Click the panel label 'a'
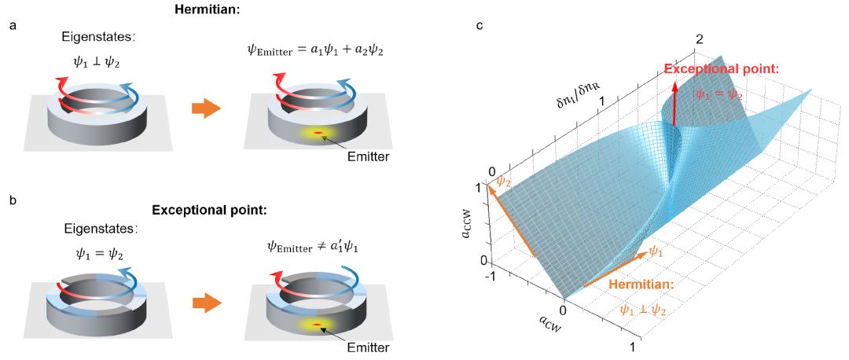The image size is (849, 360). tap(13, 26)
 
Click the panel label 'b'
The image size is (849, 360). tap(13, 200)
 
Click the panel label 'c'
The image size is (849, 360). tap(480, 25)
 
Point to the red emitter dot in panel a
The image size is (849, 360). tap(318, 133)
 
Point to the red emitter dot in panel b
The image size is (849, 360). tap(318, 325)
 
